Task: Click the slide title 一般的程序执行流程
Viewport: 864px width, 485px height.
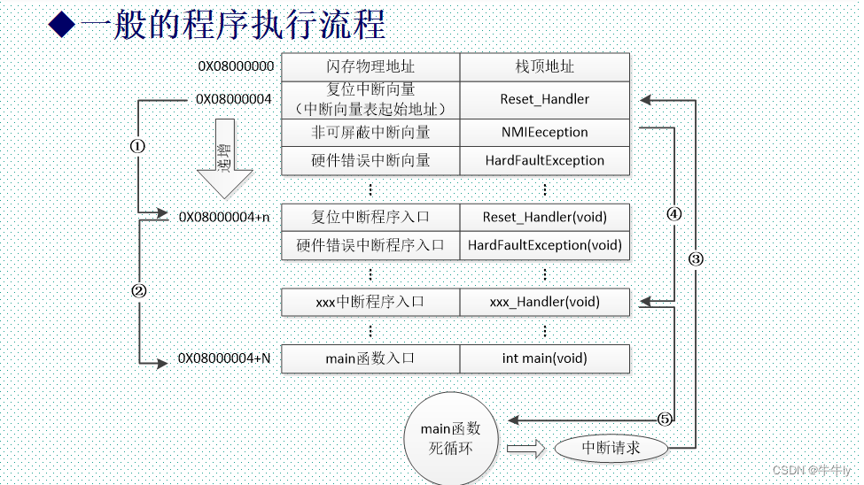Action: (x=232, y=24)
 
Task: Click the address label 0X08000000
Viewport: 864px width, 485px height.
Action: (x=236, y=66)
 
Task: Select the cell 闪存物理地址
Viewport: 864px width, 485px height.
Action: (x=370, y=67)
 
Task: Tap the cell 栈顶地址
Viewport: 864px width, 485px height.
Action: (x=544, y=67)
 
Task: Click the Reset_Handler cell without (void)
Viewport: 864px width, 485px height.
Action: (x=544, y=99)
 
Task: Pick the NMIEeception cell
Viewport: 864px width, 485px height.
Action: (x=544, y=132)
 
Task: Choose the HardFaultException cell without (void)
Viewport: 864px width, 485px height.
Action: (x=544, y=160)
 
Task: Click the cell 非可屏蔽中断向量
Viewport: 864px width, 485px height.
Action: (x=370, y=132)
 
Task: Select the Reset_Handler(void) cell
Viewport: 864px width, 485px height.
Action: (x=544, y=217)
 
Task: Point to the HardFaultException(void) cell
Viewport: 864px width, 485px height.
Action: (x=544, y=245)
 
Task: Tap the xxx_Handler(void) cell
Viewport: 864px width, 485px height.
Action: (x=544, y=302)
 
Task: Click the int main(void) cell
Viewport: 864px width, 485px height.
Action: (x=544, y=358)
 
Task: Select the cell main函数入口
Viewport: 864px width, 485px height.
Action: (x=370, y=358)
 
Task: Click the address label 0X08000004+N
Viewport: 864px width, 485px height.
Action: (x=225, y=358)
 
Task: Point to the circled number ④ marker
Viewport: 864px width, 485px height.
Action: (x=674, y=214)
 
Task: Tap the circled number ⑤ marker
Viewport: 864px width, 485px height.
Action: (x=665, y=419)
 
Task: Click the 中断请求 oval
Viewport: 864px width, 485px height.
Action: (x=611, y=448)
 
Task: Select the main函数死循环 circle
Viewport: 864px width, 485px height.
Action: (x=450, y=438)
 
